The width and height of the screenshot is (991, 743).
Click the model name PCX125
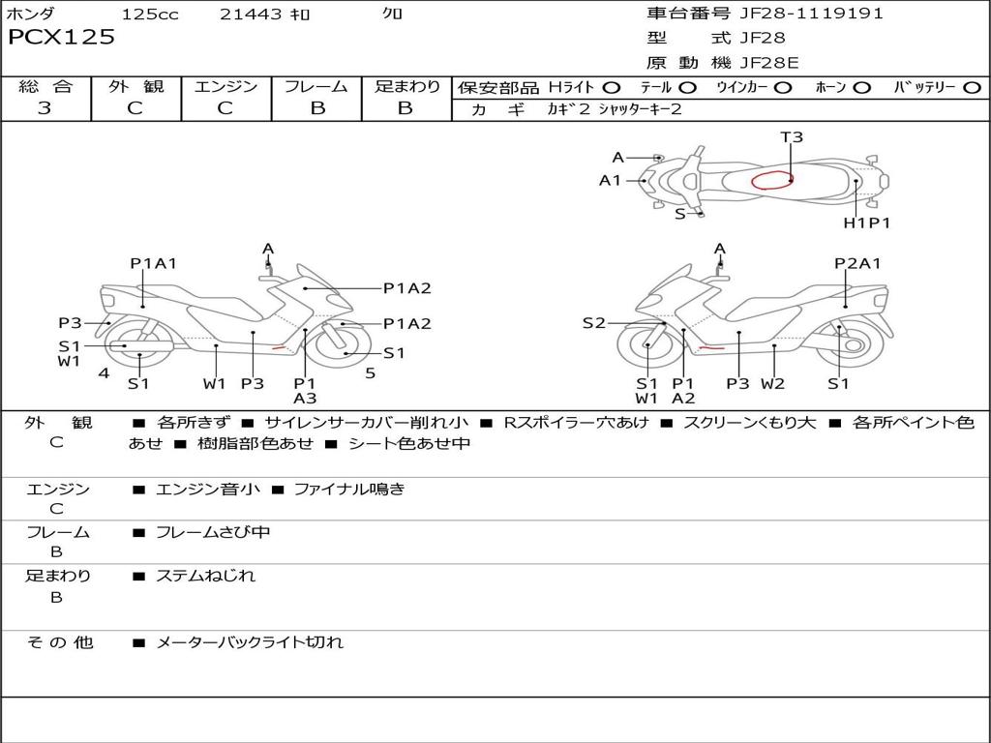coord(61,38)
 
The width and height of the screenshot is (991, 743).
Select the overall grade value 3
coord(45,108)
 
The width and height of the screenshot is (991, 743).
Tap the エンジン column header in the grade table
coord(225,87)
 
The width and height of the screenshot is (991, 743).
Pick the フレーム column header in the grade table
coord(316,87)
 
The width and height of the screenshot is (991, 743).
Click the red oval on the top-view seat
coord(772,180)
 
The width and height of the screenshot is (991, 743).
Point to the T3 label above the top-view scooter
coord(792,137)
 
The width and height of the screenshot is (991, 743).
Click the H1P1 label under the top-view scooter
coord(866,223)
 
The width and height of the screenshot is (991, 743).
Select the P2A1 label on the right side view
coord(857,263)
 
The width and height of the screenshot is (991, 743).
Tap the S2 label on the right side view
coord(593,323)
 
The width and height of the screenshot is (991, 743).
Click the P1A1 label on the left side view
coord(154,263)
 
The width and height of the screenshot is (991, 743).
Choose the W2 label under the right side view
coord(772,383)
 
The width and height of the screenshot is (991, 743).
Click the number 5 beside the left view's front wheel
coord(370,372)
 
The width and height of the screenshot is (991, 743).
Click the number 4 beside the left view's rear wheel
coord(104,372)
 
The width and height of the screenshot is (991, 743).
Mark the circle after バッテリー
coord(972,87)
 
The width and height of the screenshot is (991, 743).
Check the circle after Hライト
coord(612,87)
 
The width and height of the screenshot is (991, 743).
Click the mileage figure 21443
coord(251,14)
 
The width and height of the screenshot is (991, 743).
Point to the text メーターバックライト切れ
coord(250,641)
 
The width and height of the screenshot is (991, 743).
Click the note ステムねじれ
coord(205,576)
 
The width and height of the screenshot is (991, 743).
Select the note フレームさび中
coord(213,532)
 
